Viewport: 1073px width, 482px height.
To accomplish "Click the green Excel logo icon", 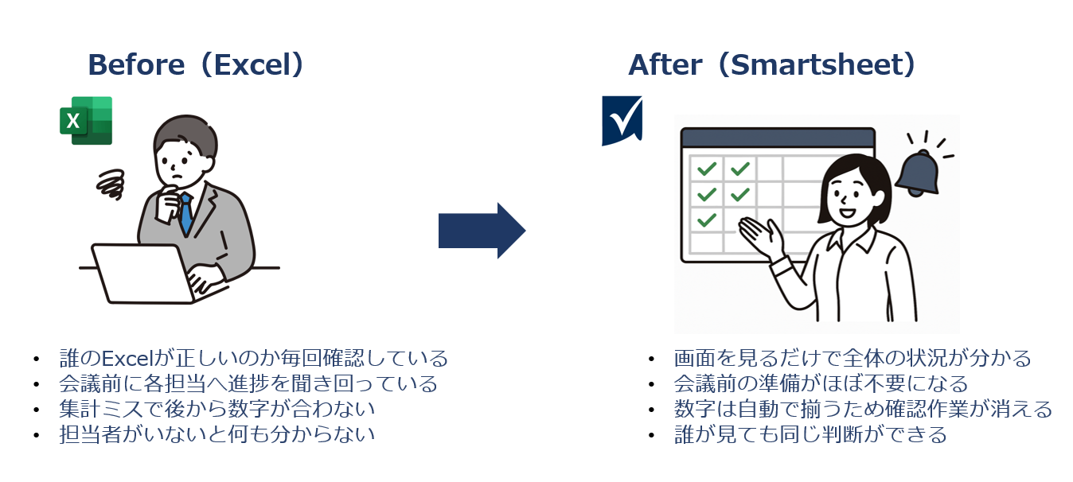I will click(x=86, y=121).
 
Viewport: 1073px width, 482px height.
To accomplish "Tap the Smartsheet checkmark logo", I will click(x=622, y=120).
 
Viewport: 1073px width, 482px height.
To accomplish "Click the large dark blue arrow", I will click(x=482, y=231).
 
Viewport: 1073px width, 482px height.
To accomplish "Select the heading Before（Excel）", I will click(x=196, y=64).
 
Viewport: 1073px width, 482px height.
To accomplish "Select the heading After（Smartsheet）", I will click(x=772, y=64).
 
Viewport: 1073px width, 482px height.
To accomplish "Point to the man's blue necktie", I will click(x=185, y=213).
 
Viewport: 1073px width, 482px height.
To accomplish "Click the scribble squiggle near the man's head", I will click(x=111, y=184).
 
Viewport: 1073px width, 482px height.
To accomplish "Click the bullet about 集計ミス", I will click(x=217, y=409).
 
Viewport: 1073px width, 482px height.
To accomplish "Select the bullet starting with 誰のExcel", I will click(x=253, y=358).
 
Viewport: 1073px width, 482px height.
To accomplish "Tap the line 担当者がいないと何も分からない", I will click(x=217, y=434).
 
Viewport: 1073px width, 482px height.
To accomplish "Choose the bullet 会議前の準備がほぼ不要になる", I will click(x=821, y=383).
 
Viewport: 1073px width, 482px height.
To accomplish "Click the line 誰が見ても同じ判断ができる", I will click(x=810, y=434).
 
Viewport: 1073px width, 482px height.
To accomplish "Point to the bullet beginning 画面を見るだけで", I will click(x=853, y=358).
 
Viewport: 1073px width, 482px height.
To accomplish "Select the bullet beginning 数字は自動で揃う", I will click(x=863, y=409).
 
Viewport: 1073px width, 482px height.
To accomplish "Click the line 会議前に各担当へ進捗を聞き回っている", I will click(x=248, y=383).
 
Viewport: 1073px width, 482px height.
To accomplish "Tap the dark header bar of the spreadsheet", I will click(x=778, y=138).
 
